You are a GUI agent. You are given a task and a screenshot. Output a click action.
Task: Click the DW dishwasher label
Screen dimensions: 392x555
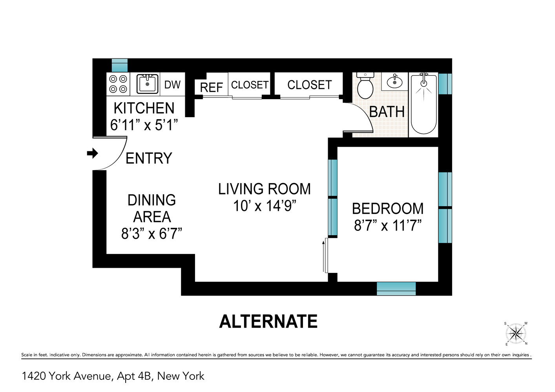click(x=172, y=85)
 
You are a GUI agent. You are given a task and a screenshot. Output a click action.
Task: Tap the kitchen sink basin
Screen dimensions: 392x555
click(x=148, y=84)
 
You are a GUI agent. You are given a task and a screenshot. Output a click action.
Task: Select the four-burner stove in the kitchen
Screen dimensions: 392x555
click(x=118, y=84)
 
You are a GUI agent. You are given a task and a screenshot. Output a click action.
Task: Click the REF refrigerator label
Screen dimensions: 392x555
click(x=211, y=87)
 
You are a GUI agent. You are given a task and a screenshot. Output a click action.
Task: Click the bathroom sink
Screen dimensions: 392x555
click(x=394, y=82)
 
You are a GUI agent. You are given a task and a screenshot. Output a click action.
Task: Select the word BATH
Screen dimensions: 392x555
click(x=387, y=112)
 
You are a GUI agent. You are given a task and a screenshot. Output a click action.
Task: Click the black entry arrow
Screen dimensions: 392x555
click(x=92, y=153)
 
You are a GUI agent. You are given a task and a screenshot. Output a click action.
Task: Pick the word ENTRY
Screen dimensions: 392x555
click(x=149, y=158)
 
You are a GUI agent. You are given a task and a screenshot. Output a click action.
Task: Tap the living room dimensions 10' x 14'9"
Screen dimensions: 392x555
click(x=264, y=206)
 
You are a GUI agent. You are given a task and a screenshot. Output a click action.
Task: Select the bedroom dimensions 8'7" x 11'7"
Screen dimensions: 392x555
click(x=387, y=226)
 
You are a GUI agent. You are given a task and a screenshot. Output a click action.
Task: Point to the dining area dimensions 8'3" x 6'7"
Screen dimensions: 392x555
click(x=152, y=234)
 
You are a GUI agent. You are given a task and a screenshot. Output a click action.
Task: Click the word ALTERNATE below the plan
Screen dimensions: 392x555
click(x=268, y=322)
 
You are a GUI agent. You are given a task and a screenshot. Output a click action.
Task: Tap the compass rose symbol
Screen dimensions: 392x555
click(x=516, y=334)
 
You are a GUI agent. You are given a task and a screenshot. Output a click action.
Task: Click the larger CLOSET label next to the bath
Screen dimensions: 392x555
click(x=309, y=85)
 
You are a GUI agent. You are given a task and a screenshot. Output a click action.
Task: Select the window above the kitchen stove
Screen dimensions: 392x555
click(x=120, y=65)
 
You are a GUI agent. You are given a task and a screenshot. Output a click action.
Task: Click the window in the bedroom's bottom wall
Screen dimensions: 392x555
click(x=396, y=288)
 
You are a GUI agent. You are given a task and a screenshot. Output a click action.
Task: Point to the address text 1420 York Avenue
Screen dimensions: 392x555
click(x=67, y=376)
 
